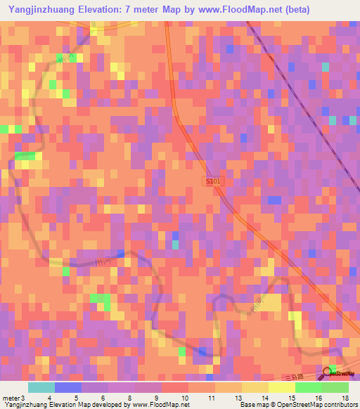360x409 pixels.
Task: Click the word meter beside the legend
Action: click(10, 398)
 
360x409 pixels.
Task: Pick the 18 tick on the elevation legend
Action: click(345, 398)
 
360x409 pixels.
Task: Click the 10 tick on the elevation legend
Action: click(185, 398)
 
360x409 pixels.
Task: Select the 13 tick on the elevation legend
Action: click(238, 398)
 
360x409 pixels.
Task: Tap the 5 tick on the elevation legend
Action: click(76, 398)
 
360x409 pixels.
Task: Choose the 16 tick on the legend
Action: click(318, 398)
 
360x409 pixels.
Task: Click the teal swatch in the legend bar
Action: click(41, 387)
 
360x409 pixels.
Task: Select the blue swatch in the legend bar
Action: click(68, 387)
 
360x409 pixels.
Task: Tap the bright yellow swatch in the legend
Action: click(281, 387)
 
